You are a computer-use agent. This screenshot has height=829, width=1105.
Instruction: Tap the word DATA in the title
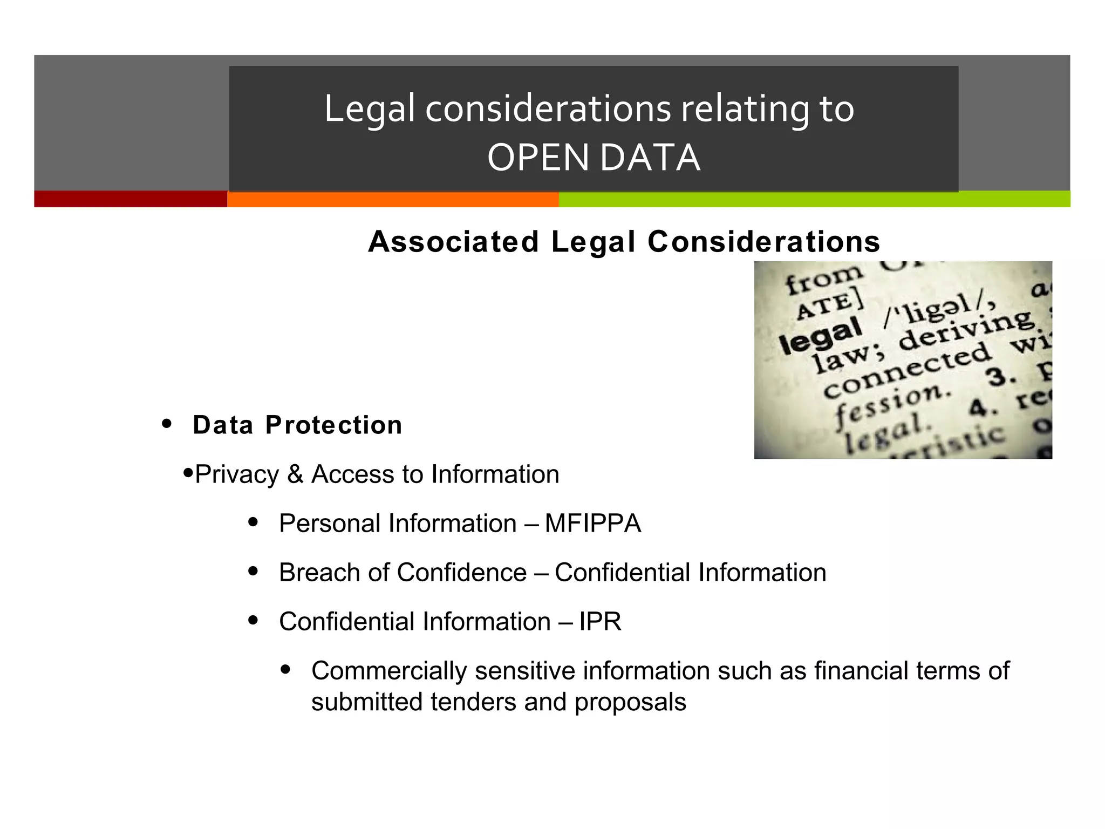[x=650, y=158]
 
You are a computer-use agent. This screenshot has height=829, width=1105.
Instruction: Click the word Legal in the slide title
[x=370, y=109]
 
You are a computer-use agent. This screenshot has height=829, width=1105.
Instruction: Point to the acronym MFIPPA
[x=593, y=523]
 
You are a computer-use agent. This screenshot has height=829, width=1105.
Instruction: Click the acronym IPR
[x=600, y=621]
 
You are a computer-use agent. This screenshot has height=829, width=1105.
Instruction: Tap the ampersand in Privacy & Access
[x=295, y=474]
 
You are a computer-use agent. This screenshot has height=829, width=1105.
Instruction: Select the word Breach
[x=318, y=572]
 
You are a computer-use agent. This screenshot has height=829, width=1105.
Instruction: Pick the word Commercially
[x=389, y=671]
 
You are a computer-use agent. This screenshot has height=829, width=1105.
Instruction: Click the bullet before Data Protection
[x=167, y=424]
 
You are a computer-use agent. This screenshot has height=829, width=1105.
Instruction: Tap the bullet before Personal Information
[x=253, y=522]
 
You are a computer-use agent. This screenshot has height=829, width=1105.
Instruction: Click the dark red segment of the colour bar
[x=130, y=199]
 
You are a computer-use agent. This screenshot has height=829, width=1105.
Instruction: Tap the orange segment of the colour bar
[x=393, y=199]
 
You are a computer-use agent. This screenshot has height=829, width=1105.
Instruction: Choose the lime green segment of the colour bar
[x=814, y=199]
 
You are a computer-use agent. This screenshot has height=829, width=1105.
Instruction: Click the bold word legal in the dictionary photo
[x=820, y=335]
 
